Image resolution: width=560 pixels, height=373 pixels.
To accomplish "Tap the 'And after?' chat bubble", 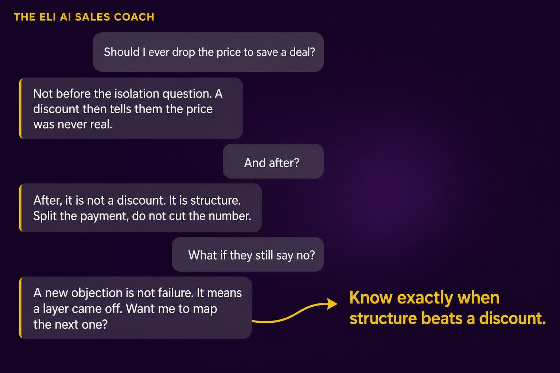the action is tap(273, 161).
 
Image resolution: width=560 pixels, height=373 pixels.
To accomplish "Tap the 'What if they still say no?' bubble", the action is tap(248, 254).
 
